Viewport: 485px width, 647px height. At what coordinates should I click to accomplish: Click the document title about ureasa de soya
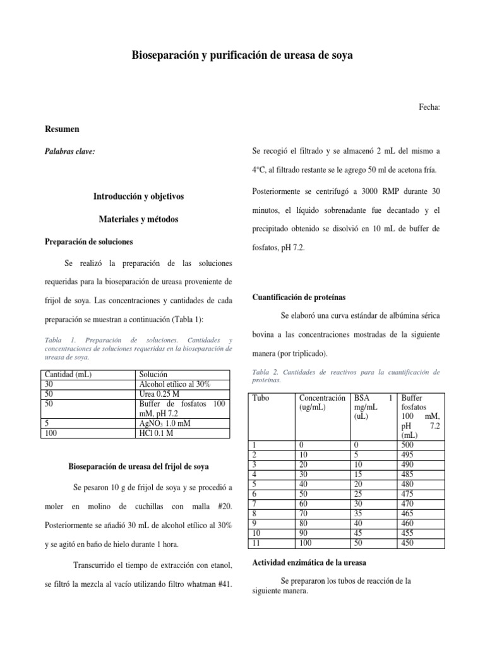click(242, 56)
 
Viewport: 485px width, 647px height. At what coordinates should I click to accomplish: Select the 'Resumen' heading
click(62, 130)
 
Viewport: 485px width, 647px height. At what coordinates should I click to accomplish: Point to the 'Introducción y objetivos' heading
click(138, 197)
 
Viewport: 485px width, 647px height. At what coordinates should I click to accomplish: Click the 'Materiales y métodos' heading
click(138, 219)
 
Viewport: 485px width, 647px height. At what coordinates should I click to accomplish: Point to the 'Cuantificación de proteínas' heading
click(299, 297)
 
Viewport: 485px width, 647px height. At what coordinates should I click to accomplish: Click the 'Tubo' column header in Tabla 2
click(260, 398)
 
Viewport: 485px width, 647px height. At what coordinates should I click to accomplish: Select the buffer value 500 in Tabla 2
click(409, 445)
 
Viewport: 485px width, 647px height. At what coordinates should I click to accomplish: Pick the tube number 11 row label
click(256, 543)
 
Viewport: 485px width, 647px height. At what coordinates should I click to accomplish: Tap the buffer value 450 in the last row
click(409, 543)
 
